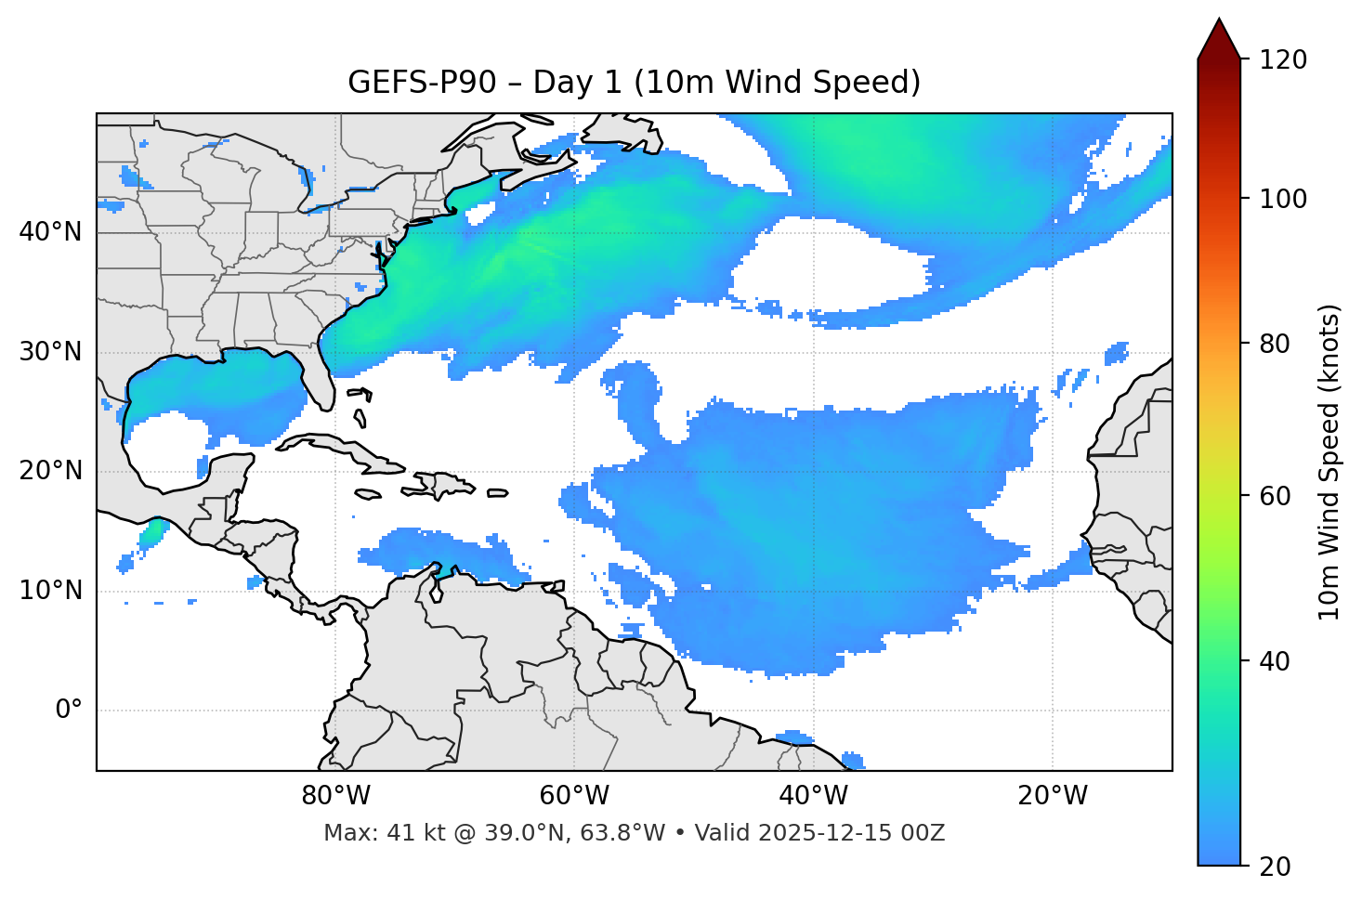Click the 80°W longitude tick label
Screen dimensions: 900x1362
[335, 796]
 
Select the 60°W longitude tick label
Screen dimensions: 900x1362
[574, 796]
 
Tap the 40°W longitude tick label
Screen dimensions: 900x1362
[814, 796]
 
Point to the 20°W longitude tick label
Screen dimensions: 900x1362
[1053, 796]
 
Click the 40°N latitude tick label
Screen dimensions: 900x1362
[50, 232]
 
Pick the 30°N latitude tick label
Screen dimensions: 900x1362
[50, 352]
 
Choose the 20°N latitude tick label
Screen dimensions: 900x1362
[50, 472]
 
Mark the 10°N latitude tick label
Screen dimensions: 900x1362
[50, 591]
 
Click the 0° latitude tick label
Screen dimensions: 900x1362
[69, 711]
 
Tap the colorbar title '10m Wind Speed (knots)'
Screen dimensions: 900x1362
[1329, 462]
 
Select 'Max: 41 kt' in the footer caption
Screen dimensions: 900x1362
[372, 833]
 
